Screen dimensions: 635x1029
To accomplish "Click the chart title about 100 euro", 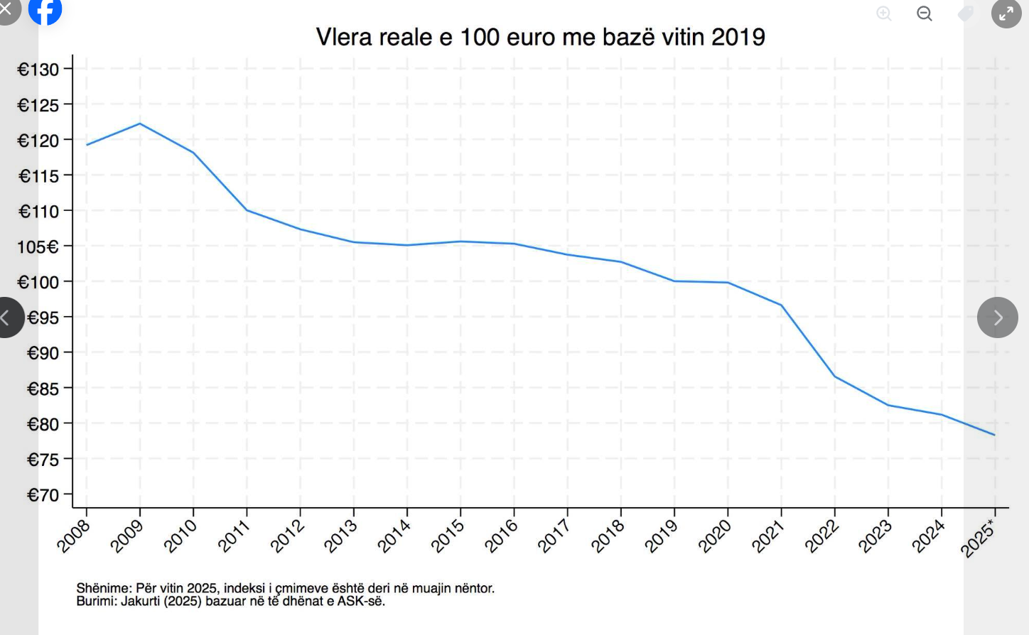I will [540, 37].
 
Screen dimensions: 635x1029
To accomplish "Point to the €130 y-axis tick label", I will [38, 70].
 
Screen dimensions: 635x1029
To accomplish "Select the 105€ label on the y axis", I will [38, 247].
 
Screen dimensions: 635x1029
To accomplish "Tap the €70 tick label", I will [43, 495].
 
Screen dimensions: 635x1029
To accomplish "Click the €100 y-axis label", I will [38, 283].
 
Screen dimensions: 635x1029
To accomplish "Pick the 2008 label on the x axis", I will [74, 536].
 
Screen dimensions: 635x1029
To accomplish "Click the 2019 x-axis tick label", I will [662, 536].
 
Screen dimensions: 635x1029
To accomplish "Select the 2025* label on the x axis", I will [979, 538].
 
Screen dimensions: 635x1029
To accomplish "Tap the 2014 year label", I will [394, 536].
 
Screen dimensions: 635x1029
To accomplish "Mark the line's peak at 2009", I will [140, 124].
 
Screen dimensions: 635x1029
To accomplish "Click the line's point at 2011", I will [247, 210].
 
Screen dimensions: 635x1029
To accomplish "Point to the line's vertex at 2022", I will [834, 376].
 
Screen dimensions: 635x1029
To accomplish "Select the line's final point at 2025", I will [994, 435].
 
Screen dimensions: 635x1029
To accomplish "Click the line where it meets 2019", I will [674, 281].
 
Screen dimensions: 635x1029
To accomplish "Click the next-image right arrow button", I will [998, 317].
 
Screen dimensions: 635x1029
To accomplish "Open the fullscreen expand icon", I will [1006, 13].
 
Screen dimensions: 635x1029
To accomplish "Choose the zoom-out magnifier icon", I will [924, 13].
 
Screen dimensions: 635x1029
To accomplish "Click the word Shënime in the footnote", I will [104, 588].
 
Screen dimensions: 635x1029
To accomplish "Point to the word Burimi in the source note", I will [96, 602].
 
